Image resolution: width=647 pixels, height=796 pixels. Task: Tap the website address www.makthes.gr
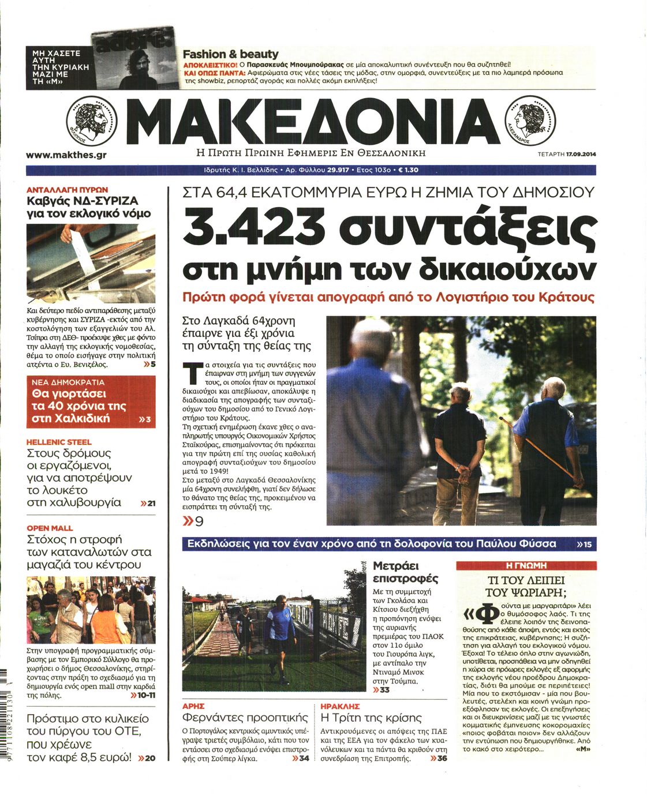[x=66, y=155]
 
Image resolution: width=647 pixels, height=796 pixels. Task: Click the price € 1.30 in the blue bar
[x=408, y=170]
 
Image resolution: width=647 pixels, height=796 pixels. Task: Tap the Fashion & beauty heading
[x=230, y=54]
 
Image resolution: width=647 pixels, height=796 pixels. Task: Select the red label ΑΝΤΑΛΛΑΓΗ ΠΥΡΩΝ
[x=68, y=189]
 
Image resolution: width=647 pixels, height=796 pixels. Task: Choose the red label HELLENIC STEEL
[x=59, y=442]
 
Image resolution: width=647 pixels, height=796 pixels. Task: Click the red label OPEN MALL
[x=50, y=528]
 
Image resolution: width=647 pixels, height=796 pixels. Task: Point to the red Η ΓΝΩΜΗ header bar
[x=525, y=566]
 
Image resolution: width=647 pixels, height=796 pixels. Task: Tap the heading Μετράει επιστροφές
[x=405, y=572]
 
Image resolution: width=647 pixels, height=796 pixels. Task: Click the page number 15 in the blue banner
[x=587, y=544]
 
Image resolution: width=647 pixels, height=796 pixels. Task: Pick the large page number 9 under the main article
[x=199, y=522]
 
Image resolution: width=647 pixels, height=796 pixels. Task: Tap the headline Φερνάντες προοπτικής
[x=245, y=718]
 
